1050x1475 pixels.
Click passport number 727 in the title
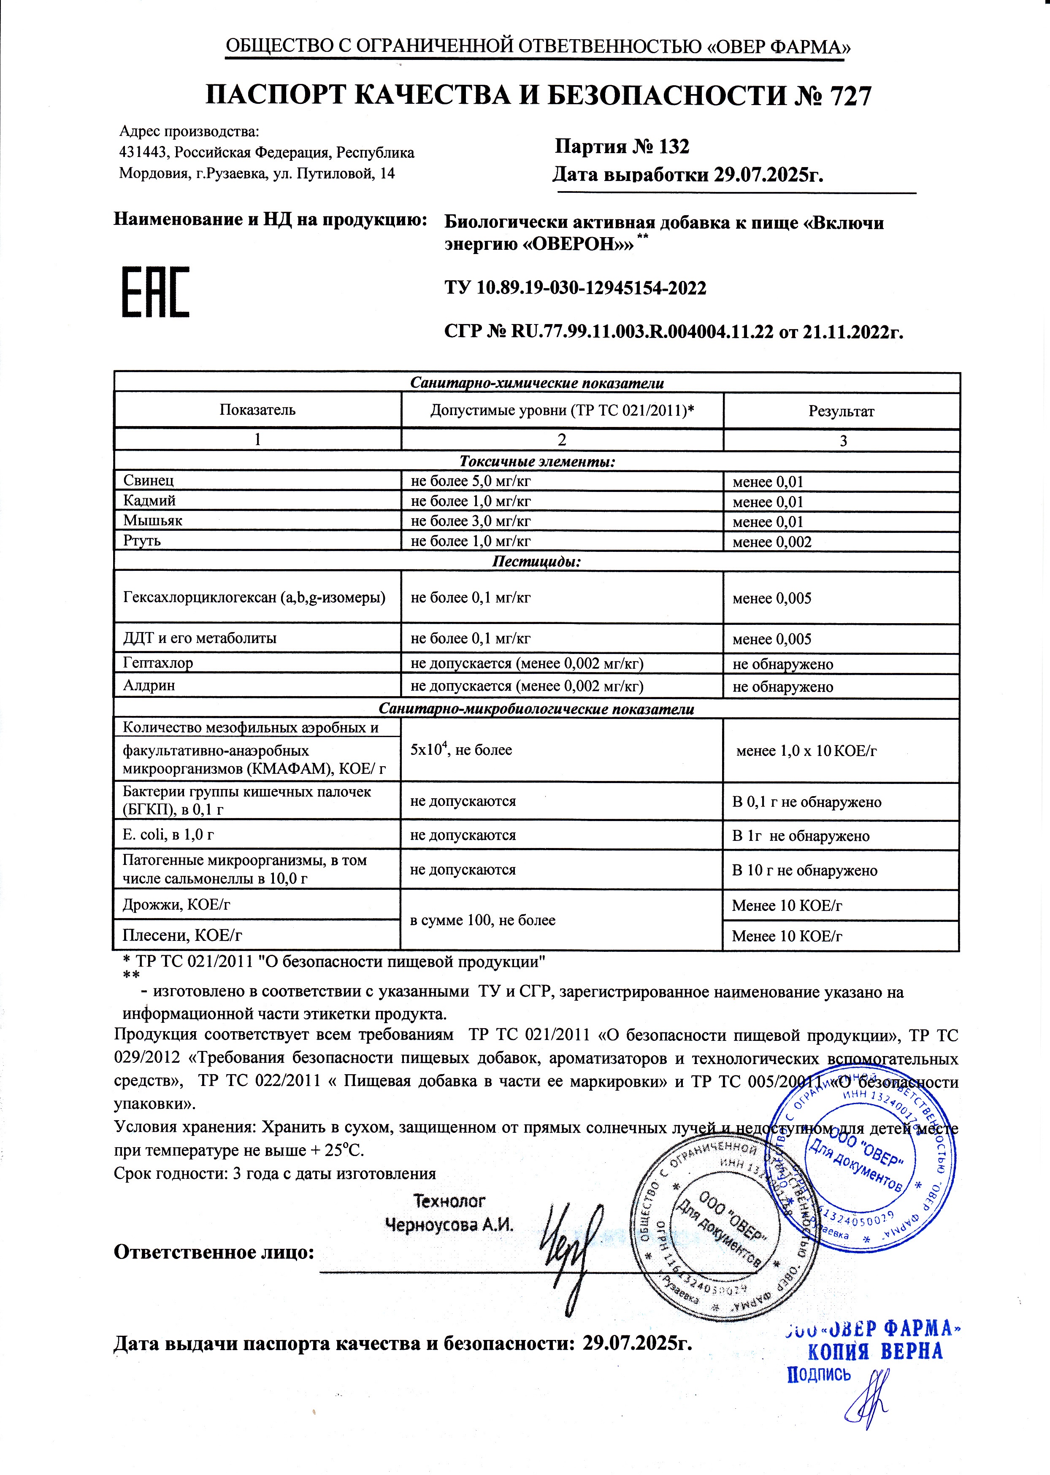click(850, 96)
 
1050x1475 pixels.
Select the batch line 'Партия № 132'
click(622, 147)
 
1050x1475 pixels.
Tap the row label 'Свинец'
click(149, 480)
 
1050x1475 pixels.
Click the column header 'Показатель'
click(257, 410)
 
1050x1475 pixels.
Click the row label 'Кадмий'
click(149, 501)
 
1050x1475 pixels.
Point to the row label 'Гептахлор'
click(158, 662)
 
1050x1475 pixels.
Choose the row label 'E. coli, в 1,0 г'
click(168, 835)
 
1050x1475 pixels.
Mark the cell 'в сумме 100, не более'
click(482, 920)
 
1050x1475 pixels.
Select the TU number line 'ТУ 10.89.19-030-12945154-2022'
click(575, 288)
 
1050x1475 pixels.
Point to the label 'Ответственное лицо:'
click(214, 1253)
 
